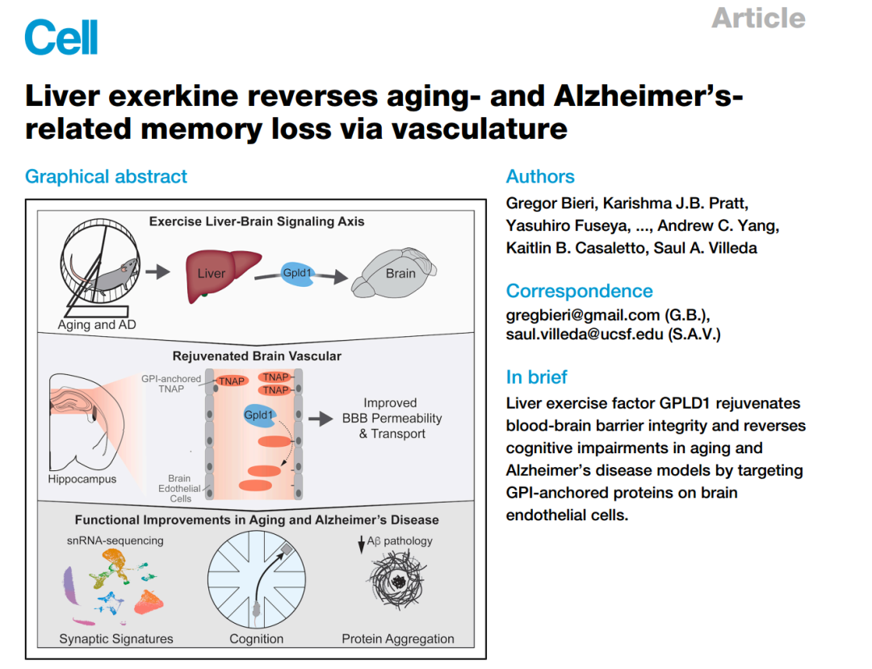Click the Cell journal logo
point(61,37)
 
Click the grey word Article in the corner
point(758,18)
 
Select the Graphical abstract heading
point(106,177)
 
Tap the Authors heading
point(540,177)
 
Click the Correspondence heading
point(579,291)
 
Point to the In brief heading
point(536,377)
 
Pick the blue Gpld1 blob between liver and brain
point(297,273)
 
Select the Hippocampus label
point(82,479)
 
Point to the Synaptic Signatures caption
point(116,639)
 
